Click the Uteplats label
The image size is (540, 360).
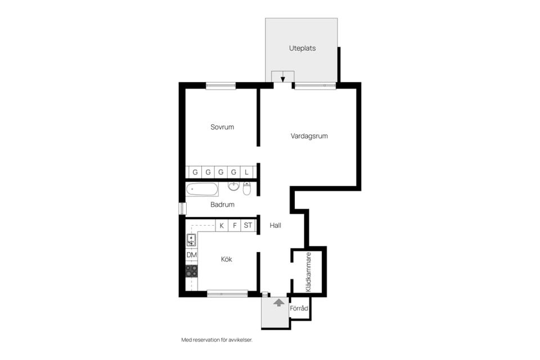302,48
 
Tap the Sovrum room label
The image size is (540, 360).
222,127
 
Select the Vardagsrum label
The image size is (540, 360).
309,136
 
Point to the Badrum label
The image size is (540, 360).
222,205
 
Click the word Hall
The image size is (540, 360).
275,226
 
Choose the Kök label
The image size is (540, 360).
226,259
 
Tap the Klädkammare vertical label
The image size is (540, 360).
308,272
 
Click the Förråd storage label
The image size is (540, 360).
299,308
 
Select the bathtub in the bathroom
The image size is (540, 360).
202,190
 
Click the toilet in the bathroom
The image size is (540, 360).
247,188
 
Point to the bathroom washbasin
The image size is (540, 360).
233,186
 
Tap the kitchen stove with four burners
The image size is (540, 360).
191,271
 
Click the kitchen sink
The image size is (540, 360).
191,240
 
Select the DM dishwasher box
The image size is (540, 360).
191,255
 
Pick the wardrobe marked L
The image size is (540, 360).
246,172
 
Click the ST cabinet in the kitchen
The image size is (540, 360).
248,226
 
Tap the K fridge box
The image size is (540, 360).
222,226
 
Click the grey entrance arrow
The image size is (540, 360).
279,303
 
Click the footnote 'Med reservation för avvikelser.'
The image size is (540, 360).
217,340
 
